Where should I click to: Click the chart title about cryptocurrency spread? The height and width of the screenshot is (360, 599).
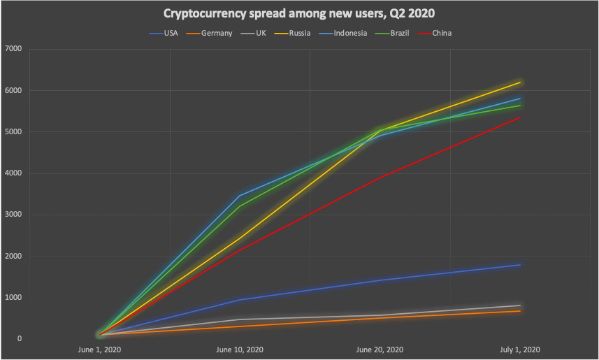pyautogui.click(x=299, y=13)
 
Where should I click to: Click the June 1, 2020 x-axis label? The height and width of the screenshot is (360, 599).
pyautogui.click(x=100, y=350)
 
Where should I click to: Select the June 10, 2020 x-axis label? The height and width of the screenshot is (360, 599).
pyautogui.click(x=240, y=350)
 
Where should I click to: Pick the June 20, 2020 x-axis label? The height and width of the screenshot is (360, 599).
pyautogui.click(x=380, y=350)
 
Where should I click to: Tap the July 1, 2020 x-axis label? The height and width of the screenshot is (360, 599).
pyautogui.click(x=520, y=350)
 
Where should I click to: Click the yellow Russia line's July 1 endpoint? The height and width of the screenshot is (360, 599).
pyautogui.click(x=520, y=82)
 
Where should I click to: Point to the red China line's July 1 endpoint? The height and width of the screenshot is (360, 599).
pyautogui.click(x=520, y=117)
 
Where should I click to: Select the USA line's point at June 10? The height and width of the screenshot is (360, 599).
pyautogui.click(x=240, y=300)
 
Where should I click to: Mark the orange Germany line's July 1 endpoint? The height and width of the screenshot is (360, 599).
pyautogui.click(x=520, y=310)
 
